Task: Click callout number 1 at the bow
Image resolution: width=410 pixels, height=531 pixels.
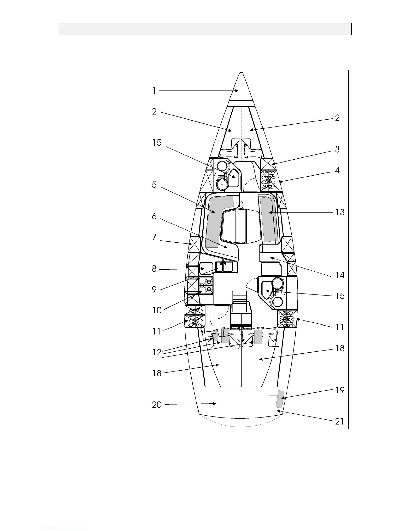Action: point(154,91)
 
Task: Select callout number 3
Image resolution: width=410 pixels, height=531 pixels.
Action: point(337,149)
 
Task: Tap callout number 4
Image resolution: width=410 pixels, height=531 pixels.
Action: point(337,170)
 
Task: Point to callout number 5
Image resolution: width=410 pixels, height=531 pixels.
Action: point(154,185)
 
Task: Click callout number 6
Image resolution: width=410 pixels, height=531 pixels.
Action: point(154,216)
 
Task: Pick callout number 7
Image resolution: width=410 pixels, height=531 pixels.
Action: point(154,237)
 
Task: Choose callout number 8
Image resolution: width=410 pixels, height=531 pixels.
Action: point(154,269)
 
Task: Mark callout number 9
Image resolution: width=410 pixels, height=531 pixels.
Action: point(154,290)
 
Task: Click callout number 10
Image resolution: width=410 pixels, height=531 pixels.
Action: point(157,310)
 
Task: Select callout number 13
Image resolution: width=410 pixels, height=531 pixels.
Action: point(340,212)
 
